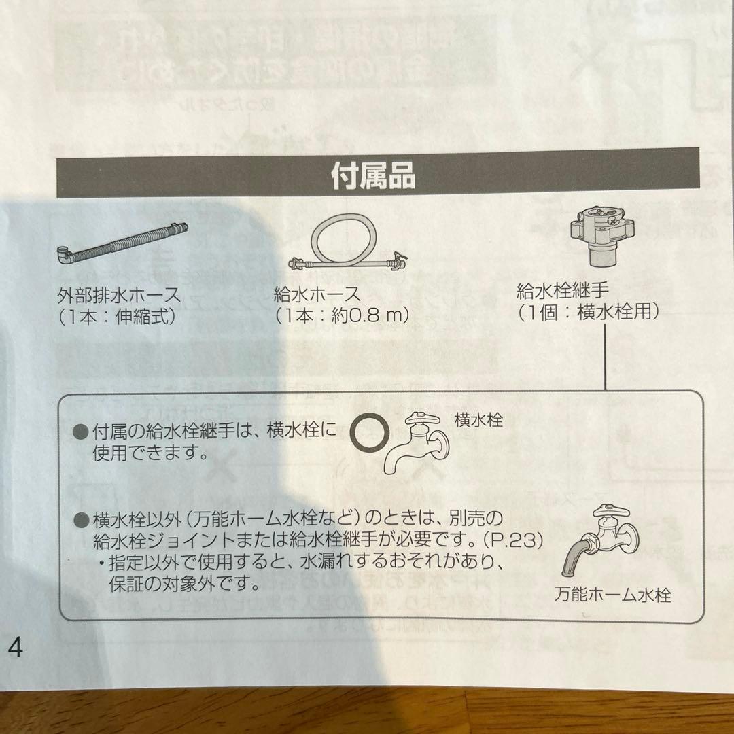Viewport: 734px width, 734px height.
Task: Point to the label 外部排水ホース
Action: pyautogui.click(x=120, y=295)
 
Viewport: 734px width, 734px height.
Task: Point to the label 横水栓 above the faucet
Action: pyautogui.click(x=478, y=421)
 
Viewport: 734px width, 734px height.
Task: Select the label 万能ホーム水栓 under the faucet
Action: pyautogui.click(x=612, y=596)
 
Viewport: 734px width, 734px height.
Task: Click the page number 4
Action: pyautogui.click(x=15, y=648)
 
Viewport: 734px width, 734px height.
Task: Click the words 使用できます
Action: pyautogui.click(x=150, y=453)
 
